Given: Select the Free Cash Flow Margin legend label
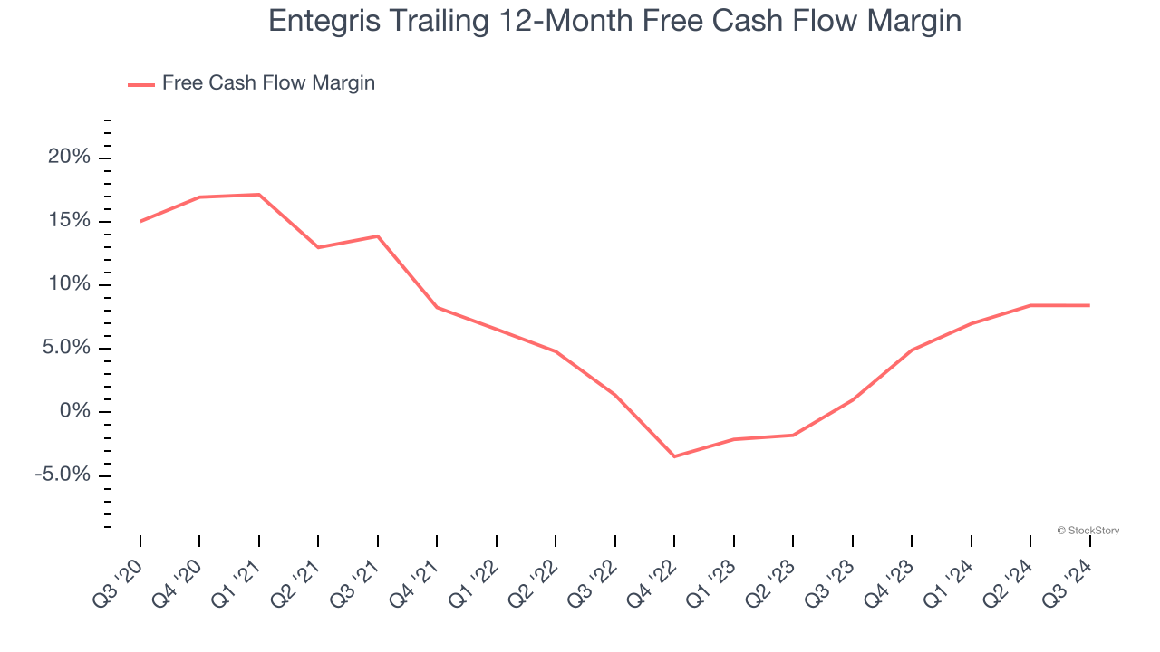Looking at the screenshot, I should click(268, 83).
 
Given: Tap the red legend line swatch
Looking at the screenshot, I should click(141, 84).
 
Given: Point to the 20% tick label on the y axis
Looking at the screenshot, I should click(70, 158).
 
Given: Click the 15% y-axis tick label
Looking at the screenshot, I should click(70, 221).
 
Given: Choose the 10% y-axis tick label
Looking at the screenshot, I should click(70, 284).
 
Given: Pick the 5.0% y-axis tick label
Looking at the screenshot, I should click(64, 349).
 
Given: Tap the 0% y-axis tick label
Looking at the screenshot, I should click(74, 412).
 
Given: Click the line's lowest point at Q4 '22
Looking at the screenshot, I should click(674, 456).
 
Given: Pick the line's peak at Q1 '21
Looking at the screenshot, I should click(259, 195).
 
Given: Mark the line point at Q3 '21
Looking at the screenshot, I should click(378, 236).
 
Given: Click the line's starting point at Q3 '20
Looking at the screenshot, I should click(140, 221).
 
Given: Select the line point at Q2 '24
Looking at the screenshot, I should click(1030, 305).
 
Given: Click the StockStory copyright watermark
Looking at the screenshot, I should click(1087, 531).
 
